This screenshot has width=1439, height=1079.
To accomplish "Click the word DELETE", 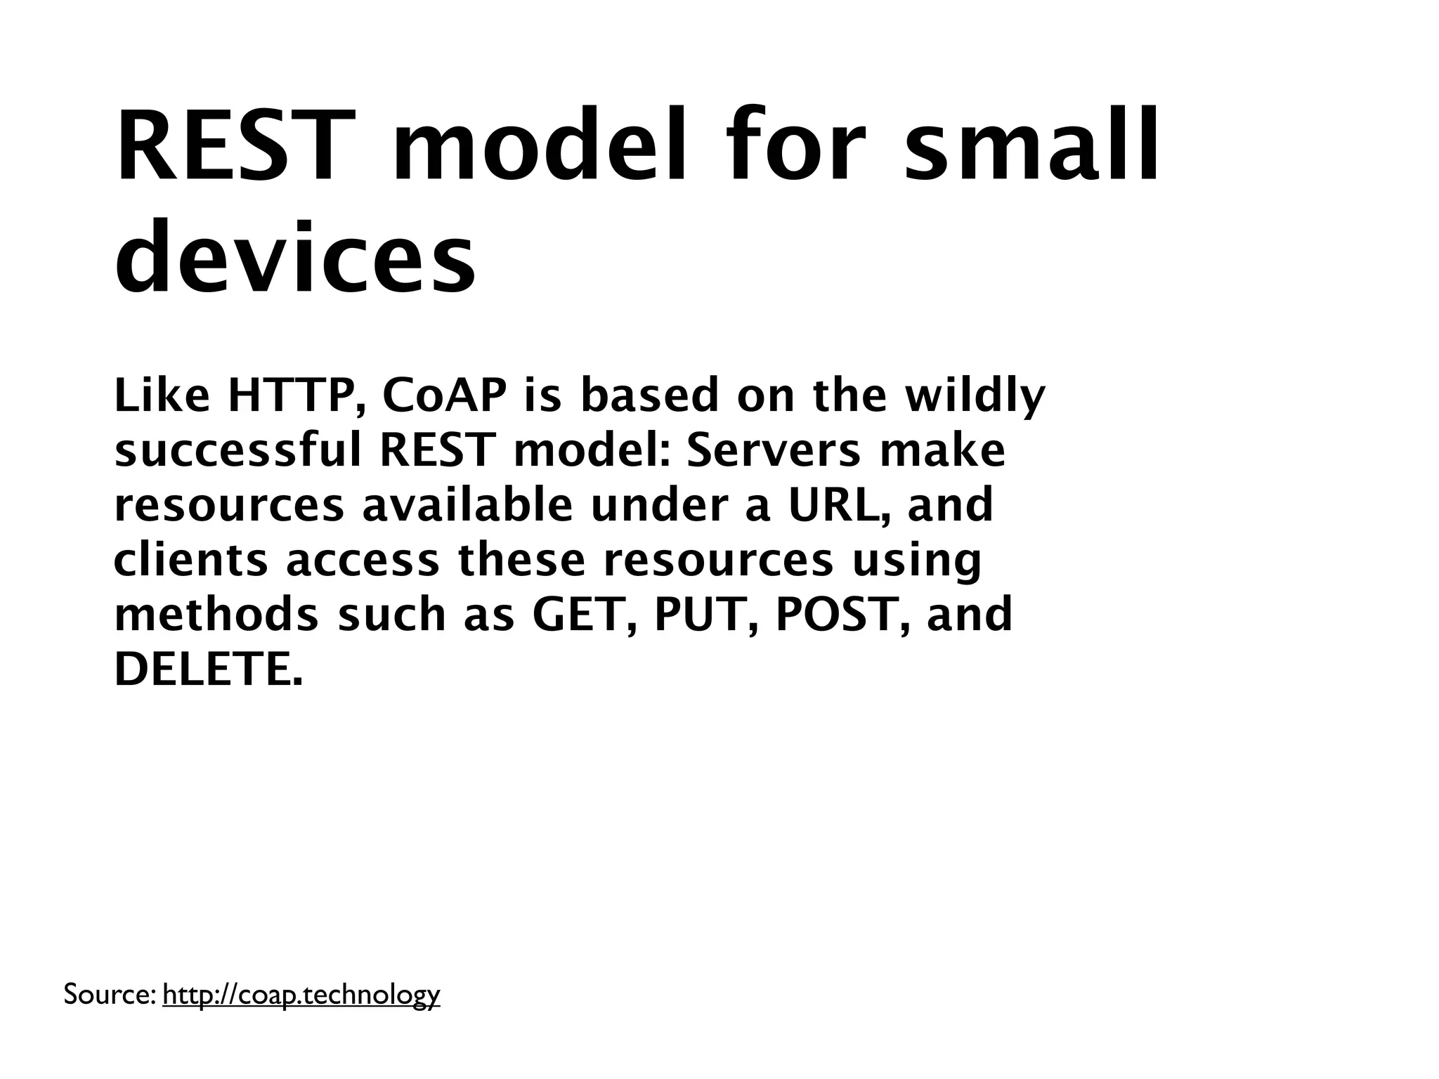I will (x=208, y=670).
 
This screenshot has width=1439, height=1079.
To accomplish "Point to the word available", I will (x=468, y=506).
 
